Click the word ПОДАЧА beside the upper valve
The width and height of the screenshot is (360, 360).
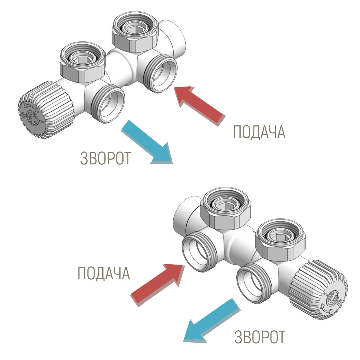[x=259, y=132]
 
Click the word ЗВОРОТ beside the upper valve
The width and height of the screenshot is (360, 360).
[x=106, y=158]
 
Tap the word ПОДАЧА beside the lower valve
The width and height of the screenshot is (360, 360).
[x=104, y=273]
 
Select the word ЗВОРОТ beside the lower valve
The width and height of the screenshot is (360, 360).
[x=260, y=337]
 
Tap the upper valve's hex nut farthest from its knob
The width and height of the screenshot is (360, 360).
[x=134, y=34]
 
